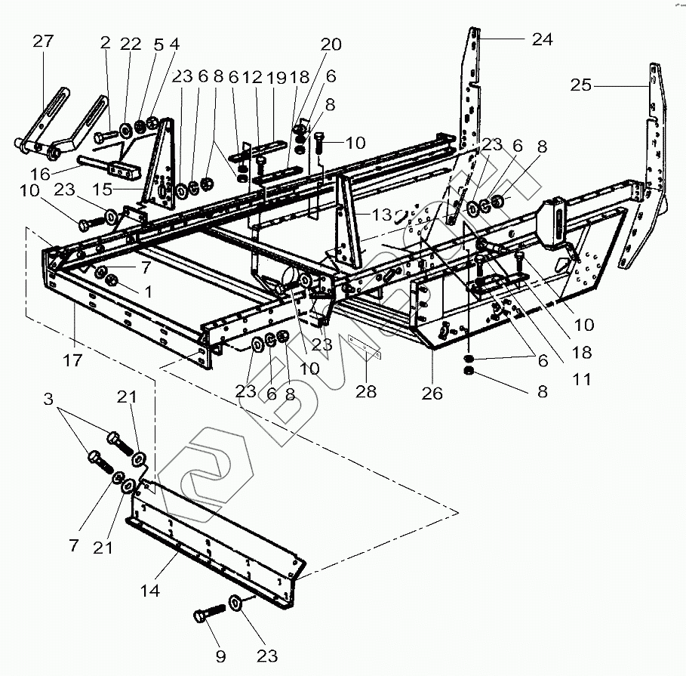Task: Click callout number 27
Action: coord(43,42)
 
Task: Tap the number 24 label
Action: coord(542,39)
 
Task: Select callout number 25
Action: coord(580,85)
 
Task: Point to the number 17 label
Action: coord(72,361)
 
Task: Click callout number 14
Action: coord(150,591)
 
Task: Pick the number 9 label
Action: coord(220,656)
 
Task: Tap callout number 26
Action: coord(432,394)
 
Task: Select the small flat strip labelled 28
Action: coord(365,347)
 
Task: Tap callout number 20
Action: coord(331,45)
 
